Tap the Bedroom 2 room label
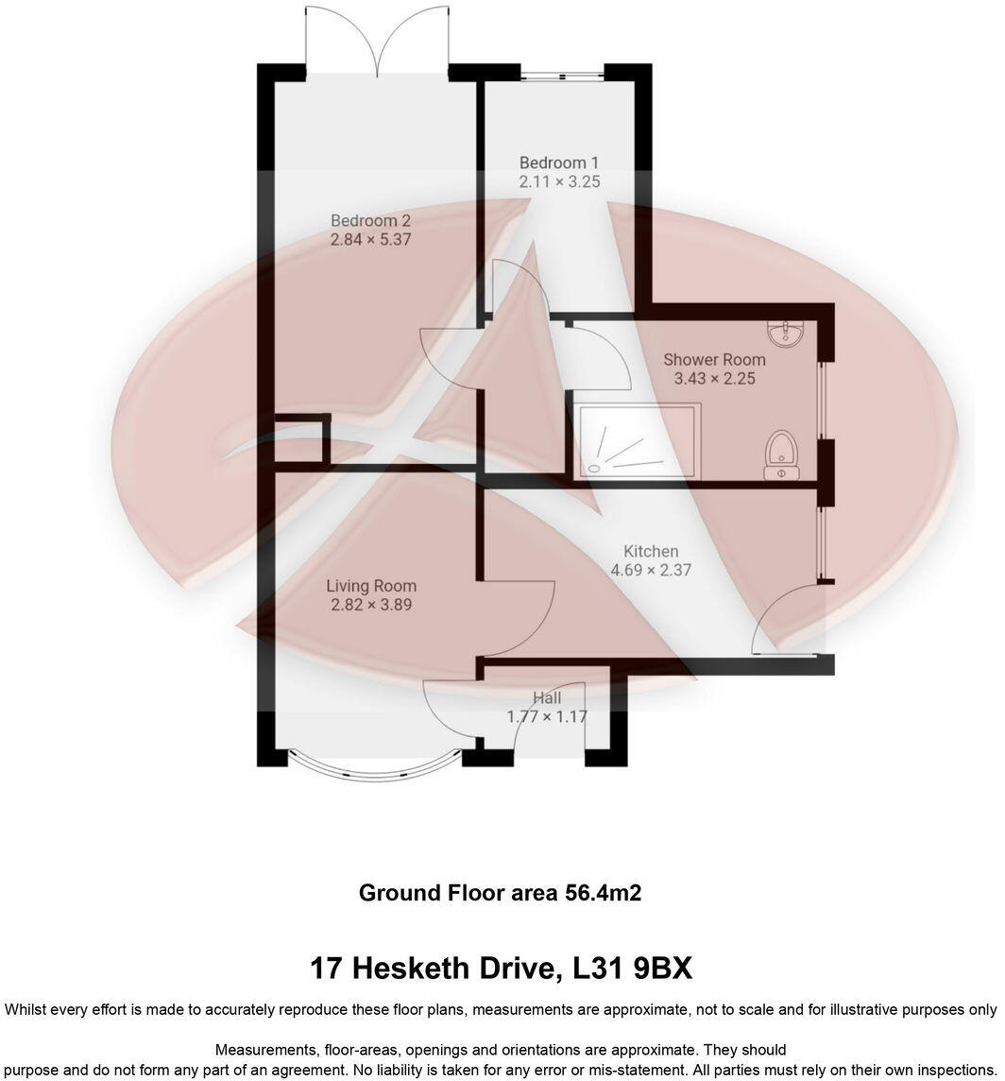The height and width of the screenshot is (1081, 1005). pyautogui.click(x=370, y=221)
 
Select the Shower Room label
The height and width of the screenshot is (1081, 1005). pyautogui.click(x=714, y=360)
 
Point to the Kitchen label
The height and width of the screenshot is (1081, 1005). pyautogui.click(x=651, y=552)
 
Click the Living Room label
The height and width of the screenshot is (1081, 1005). pyautogui.click(x=371, y=586)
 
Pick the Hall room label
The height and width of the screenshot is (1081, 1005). pyautogui.click(x=547, y=698)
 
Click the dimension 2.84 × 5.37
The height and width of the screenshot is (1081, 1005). pyautogui.click(x=370, y=240)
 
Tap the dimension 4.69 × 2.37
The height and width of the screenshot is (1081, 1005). pyautogui.click(x=651, y=571)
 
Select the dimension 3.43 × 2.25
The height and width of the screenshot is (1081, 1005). pyautogui.click(x=714, y=379)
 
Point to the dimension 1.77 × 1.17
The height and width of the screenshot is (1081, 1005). pyautogui.click(x=547, y=716)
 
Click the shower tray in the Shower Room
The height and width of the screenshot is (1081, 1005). pyautogui.click(x=639, y=438)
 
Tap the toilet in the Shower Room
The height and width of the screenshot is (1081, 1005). pyautogui.click(x=781, y=453)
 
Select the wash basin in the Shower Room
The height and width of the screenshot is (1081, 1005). pyautogui.click(x=786, y=333)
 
